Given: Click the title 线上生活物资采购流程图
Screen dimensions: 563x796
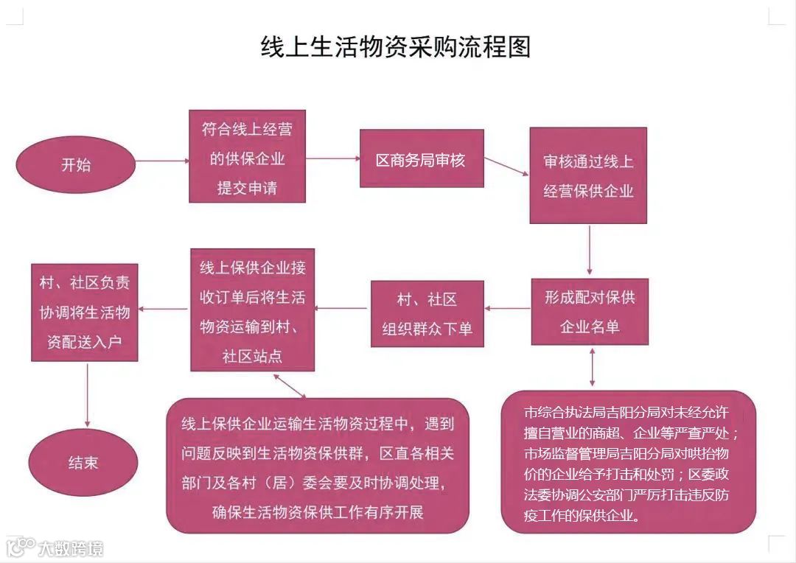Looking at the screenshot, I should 396,47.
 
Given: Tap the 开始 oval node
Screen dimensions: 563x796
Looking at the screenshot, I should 76,164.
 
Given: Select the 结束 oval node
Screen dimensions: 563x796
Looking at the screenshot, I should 83,463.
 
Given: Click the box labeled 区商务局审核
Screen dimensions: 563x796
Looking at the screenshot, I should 422,159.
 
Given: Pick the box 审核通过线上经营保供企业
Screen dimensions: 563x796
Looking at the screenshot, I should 588,176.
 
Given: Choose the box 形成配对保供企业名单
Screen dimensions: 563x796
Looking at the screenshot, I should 590,312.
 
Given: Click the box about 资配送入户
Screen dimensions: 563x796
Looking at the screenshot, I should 85,312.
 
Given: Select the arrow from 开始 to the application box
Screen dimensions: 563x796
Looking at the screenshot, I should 162,160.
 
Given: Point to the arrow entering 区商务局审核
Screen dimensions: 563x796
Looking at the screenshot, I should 332,158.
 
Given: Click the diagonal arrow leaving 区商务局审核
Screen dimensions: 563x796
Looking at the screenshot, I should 507,166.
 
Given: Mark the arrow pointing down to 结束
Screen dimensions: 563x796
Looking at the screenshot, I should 88,394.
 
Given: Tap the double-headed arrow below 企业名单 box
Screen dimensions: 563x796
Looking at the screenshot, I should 592,367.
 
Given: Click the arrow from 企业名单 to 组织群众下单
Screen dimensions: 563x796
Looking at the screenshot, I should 508,309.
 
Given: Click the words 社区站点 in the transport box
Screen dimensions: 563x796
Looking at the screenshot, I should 252,357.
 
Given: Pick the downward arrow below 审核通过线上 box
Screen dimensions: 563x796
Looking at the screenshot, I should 590,250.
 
